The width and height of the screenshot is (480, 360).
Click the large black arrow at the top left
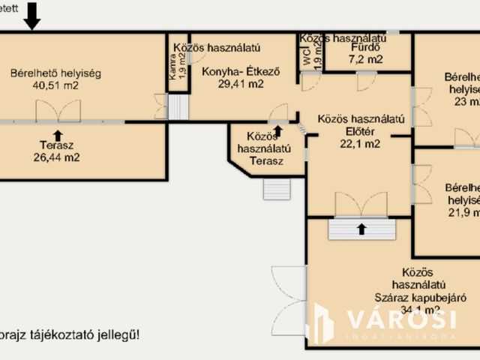tap(31, 15)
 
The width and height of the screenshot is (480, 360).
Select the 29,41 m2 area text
tap(240, 84)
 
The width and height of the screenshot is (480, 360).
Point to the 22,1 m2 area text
tap(361, 144)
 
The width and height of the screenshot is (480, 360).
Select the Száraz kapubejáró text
tap(410, 297)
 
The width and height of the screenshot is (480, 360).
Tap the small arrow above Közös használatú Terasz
tap(278, 130)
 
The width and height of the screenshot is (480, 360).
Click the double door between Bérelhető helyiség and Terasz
tap(58, 111)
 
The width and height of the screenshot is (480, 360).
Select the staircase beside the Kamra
tap(178, 107)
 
